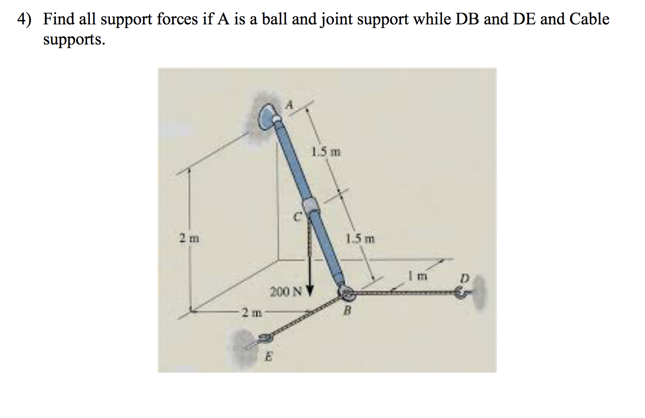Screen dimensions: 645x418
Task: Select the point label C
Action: pos(297,218)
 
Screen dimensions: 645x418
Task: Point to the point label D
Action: pos(463,277)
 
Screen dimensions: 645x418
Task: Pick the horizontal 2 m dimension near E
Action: pos(251,313)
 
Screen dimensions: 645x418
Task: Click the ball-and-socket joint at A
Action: pos(267,117)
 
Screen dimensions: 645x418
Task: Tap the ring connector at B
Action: pos(345,293)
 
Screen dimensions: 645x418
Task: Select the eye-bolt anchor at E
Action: pos(264,340)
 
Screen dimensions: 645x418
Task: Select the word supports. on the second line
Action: pos(73,39)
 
